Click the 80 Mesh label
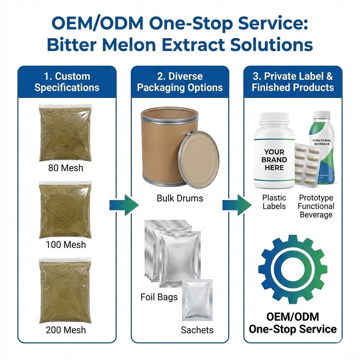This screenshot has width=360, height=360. tap(66, 168)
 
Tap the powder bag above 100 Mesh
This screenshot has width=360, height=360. tap(66, 210)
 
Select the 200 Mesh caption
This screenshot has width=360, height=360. tap(66, 330)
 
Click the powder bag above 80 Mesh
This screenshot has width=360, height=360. tap(66, 133)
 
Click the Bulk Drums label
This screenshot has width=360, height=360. tap(180, 198)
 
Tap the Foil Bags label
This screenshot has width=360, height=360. tap(159, 297)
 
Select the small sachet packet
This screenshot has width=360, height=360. tap(197, 300)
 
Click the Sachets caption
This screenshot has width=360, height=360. tap(197, 330)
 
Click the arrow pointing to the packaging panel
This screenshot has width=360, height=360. tap(124, 205)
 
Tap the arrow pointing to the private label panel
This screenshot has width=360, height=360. tap(237, 205)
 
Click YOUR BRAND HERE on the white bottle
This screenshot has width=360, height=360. tap(274, 159)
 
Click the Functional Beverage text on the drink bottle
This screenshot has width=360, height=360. tap(322, 142)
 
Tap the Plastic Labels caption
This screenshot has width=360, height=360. tap(274, 202)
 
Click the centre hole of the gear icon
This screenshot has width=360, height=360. tap(293, 269)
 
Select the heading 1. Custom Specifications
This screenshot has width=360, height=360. tap(67, 82)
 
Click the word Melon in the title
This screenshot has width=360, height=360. tap(129, 45)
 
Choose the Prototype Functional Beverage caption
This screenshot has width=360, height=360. tap(316, 206)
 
